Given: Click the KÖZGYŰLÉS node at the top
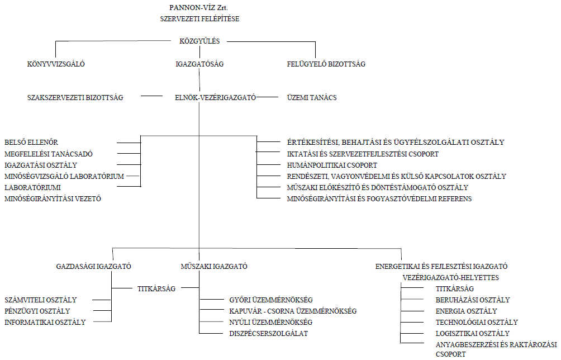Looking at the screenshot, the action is coord(199,41).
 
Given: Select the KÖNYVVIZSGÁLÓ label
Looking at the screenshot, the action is coord(56,64).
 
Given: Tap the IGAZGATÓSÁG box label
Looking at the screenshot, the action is coord(199,64).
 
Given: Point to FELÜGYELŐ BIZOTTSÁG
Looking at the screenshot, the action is coord(326,64).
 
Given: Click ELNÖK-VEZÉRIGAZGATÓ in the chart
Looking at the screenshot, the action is coord(215,97).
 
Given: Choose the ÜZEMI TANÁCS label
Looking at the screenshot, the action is coord(312,97).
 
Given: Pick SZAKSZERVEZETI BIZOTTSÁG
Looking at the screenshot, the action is coord(75,97).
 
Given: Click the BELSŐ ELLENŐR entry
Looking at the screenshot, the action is coord(31,143).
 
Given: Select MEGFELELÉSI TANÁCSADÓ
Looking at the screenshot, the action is coord(49,154).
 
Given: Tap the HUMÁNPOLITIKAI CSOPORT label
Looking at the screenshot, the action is coord(332,165).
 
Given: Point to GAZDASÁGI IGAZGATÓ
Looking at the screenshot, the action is coord(94,266).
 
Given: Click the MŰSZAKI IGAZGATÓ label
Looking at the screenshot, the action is coord(214,266).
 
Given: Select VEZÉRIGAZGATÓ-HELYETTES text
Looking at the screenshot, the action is coord(451,278).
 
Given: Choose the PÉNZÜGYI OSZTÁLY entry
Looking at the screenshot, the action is coord(37,311).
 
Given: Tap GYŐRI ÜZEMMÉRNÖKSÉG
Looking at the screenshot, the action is coord(271,300).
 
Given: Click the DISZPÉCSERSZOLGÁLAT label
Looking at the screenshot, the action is coord(269,334).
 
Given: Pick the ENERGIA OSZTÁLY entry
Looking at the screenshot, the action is coord(467,311).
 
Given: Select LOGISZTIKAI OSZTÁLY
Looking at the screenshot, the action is coord(473,334).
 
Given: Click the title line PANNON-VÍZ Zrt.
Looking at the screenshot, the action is coord(199,7).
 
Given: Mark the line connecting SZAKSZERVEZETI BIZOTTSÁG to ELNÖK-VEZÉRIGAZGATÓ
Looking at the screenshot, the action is coord(151,96).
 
